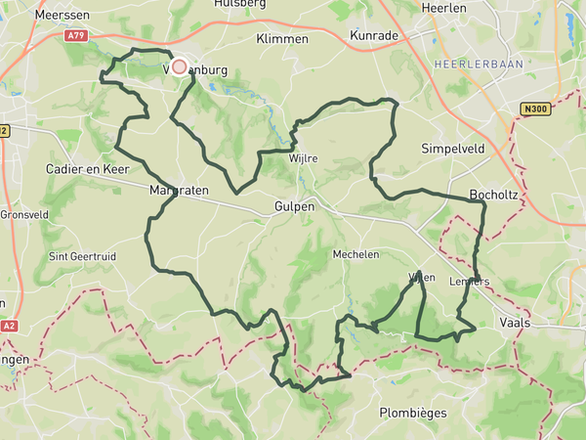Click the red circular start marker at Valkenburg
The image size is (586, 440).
179,67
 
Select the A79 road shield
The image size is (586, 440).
76,36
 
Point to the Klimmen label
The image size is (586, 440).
281,39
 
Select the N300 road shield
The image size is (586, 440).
533,109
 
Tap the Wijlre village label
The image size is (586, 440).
304,157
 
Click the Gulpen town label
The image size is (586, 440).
293,206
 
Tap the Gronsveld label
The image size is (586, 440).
22,214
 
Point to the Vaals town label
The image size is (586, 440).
514,322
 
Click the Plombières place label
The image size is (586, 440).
413,413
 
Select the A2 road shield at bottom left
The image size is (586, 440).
9,326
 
